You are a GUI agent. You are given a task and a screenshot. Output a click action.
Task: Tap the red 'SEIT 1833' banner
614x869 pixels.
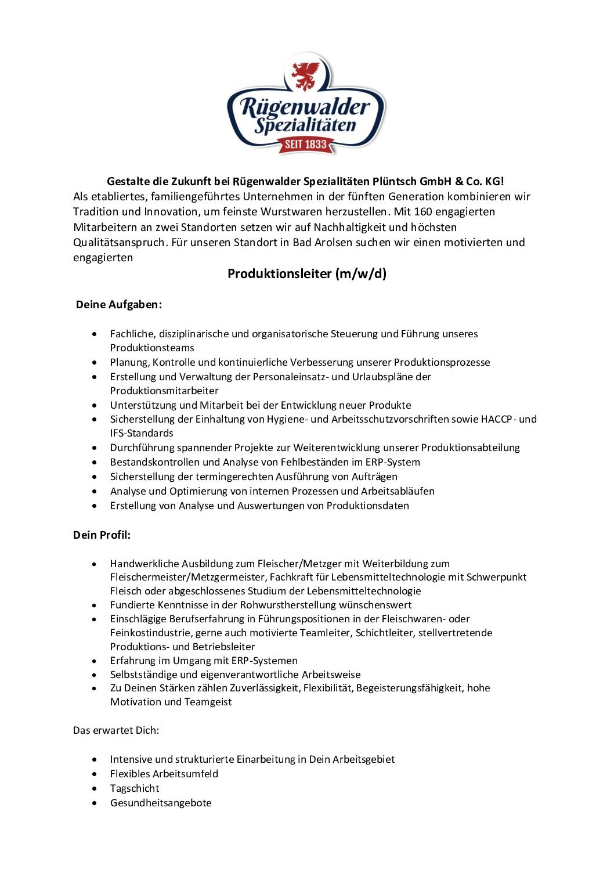[306, 144]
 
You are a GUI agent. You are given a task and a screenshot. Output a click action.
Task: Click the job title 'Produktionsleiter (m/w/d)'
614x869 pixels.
[306, 273]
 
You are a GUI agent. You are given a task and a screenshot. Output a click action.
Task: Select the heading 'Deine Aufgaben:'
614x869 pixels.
[119, 304]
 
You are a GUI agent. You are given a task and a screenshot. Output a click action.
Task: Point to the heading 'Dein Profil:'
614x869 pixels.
[102, 535]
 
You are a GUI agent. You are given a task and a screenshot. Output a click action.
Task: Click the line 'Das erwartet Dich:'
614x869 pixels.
[116, 730]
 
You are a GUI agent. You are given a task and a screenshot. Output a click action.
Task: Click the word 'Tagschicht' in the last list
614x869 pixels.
[135, 788]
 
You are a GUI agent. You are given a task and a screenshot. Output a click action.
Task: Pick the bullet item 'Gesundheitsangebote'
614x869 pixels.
[161, 803]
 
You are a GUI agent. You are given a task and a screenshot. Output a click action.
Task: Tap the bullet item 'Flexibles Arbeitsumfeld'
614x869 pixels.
[164, 774]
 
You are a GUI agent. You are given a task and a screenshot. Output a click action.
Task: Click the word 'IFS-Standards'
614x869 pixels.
[142, 433]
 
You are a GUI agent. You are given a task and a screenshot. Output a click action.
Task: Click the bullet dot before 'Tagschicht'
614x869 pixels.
[95, 788]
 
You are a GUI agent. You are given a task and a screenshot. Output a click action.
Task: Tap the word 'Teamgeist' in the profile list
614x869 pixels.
[208, 702]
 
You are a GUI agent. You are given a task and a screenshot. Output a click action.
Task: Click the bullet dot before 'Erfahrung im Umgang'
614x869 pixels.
[95, 661]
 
